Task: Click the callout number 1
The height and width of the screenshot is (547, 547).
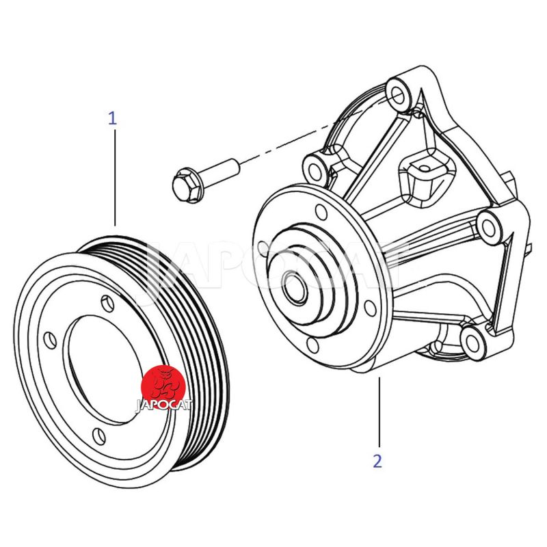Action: coord(112,118)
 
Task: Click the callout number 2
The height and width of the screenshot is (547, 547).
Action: coord(377,461)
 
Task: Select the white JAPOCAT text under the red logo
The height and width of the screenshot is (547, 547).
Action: coord(163,403)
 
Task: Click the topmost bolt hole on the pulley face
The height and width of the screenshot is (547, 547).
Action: coord(105,300)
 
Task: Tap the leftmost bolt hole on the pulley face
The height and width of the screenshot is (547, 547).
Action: coord(50,339)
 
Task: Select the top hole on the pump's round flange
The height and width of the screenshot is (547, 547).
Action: coord(319,211)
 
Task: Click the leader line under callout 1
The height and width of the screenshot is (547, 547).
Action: coord(114,178)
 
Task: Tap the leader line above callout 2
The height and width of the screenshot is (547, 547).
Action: coord(378,410)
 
